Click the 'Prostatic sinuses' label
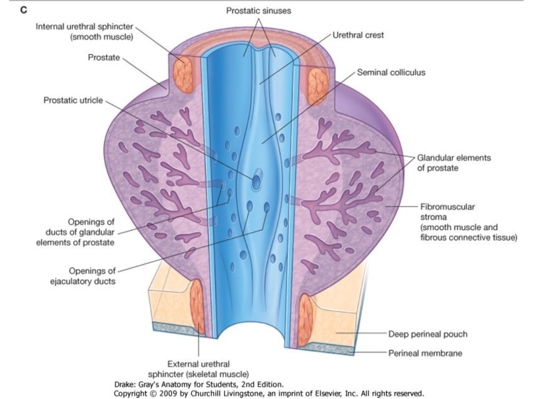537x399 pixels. coord(258,11)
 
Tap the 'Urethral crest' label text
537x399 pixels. coord(358,35)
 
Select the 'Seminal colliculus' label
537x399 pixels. coord(391,73)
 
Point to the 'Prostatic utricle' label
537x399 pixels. coord(73,100)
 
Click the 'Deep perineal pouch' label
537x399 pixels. coord(428,334)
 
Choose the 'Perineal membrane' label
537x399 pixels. coord(425,353)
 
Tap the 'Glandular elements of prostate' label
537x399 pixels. coord(454,163)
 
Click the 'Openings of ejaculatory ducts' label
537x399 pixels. coord(83,276)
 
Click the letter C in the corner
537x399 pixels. coord(24,10)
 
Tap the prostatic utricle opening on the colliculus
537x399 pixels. coord(256,183)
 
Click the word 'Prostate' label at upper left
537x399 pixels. coord(104,57)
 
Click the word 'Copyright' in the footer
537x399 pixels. coord(133,393)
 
